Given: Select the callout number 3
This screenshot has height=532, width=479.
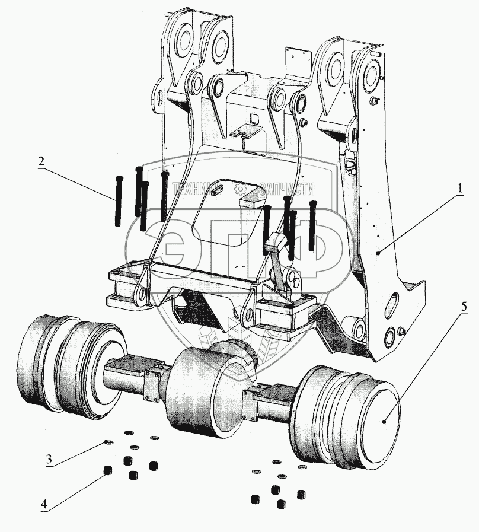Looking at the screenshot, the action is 52,458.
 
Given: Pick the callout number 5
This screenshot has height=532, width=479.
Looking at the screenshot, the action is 464,307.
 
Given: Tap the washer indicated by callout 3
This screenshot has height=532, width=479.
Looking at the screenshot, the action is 107,442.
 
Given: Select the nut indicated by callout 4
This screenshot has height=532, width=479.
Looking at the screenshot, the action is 107,471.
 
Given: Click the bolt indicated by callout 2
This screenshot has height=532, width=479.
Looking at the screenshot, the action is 118,202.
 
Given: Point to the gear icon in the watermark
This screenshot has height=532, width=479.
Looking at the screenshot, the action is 241,189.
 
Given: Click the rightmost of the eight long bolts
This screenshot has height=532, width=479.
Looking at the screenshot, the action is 312,226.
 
